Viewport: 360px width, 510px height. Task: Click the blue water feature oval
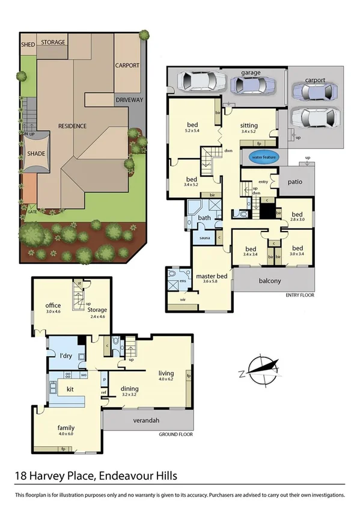pyautogui.click(x=262, y=158)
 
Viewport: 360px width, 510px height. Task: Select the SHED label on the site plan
pyautogui.click(x=28, y=44)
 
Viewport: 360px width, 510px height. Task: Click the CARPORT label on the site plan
pyautogui.click(x=127, y=66)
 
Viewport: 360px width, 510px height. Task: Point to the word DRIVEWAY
pyautogui.click(x=129, y=100)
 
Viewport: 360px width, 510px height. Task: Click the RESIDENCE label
pyautogui.click(x=72, y=126)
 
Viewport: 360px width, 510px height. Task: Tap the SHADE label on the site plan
pyautogui.click(x=36, y=154)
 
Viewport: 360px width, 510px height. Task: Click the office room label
pyautogui.click(x=53, y=305)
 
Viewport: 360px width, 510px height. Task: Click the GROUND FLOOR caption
pyautogui.click(x=175, y=434)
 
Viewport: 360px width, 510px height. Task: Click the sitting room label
pyautogui.click(x=248, y=126)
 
